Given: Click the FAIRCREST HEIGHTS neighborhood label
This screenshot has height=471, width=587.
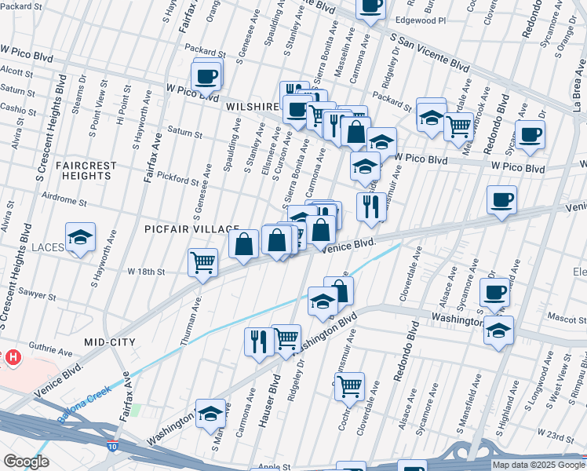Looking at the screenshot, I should pyautogui.click(x=86, y=170).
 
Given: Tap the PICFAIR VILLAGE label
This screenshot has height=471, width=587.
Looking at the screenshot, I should pyautogui.click(x=191, y=228).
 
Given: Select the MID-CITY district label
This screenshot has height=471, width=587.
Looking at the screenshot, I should pyautogui.click(x=109, y=342).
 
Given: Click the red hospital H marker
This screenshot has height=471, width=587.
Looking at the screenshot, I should pyautogui.click(x=13, y=358).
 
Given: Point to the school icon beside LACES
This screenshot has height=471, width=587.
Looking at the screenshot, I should pyautogui.click(x=79, y=239).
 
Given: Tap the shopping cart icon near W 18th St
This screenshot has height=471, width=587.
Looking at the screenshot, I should pyautogui.click(x=203, y=261).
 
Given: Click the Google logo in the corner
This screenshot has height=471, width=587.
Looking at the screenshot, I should pyautogui.click(x=26, y=462).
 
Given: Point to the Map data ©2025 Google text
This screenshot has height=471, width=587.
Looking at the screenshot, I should pyautogui.click(x=538, y=465).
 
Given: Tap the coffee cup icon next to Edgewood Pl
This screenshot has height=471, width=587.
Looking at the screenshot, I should pyautogui.click(x=370, y=5).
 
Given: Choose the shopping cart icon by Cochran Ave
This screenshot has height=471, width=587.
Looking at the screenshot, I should pyautogui.click(x=349, y=385).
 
